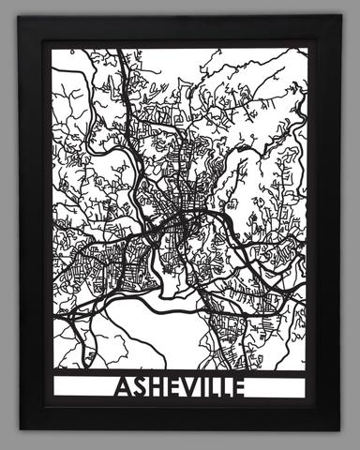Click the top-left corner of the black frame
click(x=21, y=17)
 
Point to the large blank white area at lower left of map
click(x=103, y=328)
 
